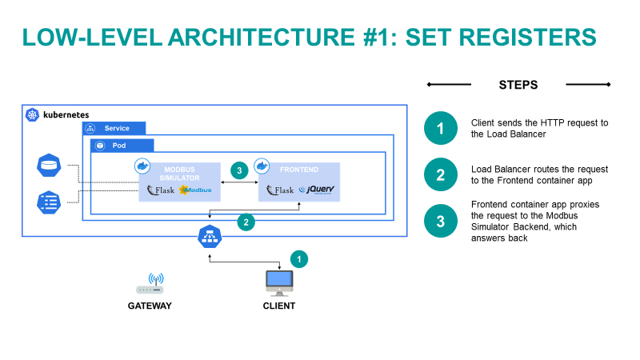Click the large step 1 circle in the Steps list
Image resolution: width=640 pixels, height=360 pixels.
coord(440,128)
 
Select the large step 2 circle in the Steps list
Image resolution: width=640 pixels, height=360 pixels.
coord(440,174)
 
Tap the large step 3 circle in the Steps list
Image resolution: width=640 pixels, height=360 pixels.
coord(440,222)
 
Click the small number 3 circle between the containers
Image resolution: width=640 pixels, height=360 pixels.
coord(238,170)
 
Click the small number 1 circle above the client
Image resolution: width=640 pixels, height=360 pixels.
coord(298,258)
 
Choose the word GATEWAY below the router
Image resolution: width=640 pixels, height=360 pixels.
coord(150,306)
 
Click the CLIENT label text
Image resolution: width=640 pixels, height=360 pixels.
coord(278,306)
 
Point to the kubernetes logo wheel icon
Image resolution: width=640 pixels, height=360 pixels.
coord(32,114)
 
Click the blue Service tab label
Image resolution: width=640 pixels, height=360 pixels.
coord(114,128)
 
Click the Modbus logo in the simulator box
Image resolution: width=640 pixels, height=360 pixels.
coord(196,190)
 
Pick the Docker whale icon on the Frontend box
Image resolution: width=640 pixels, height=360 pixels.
coord(262,166)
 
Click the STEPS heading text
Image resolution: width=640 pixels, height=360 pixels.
coord(518,85)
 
